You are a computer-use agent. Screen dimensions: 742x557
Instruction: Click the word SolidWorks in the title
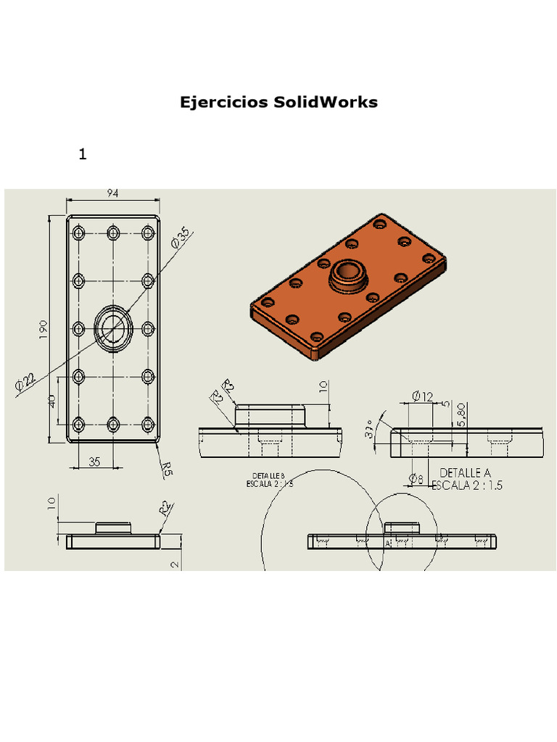pos(326,102)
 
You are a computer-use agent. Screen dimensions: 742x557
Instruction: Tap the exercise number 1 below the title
pos(83,154)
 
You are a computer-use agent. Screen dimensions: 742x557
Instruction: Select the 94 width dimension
pos(113,193)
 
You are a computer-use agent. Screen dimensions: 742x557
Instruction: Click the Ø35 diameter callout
pos(181,238)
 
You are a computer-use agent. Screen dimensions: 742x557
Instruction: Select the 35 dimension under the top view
pos(94,462)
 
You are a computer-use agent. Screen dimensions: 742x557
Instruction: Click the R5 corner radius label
pos(168,470)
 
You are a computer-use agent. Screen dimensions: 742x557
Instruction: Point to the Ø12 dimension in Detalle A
pos(422,396)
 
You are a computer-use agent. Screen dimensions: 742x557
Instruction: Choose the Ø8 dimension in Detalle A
pos(416,478)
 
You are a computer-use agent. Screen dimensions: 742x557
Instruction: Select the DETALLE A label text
pos(465,473)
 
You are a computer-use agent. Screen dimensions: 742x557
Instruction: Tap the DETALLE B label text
pos(268,476)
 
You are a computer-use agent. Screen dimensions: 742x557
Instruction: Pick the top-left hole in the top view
pos(79,233)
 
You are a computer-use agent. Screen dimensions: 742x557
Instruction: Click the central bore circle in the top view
pos(113,328)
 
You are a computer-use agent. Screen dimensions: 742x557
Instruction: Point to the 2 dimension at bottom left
pos(175,564)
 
